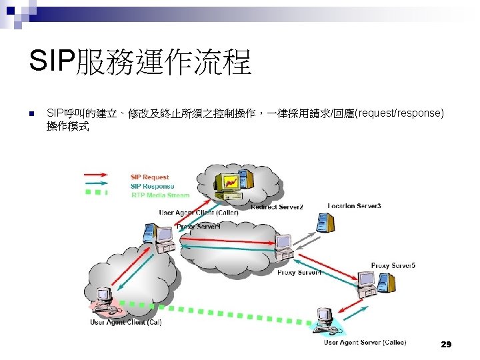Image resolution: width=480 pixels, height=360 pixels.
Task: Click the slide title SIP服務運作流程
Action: click(140, 63)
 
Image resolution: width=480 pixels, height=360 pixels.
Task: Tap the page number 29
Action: click(446, 344)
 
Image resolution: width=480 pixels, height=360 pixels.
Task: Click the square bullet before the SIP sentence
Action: click(31, 114)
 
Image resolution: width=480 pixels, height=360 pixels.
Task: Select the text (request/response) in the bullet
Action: click(400, 113)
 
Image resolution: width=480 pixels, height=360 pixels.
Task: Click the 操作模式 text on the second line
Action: click(67, 125)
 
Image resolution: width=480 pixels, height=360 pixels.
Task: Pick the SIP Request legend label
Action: click(150, 177)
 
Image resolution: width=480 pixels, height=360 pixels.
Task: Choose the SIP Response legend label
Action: click(153, 186)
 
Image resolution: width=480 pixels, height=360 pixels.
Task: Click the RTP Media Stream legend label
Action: click(160, 195)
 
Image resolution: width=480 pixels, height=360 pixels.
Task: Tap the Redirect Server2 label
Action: click(277, 207)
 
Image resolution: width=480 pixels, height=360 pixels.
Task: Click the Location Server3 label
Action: click(354, 206)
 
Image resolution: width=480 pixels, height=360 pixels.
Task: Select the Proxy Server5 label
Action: click(393, 265)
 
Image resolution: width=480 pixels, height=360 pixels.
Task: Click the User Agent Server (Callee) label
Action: click(361, 342)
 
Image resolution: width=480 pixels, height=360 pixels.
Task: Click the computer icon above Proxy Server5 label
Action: click(367, 281)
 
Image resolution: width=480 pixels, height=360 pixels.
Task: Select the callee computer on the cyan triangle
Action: click(325, 319)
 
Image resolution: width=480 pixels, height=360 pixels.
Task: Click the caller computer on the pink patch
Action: click(104, 299)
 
